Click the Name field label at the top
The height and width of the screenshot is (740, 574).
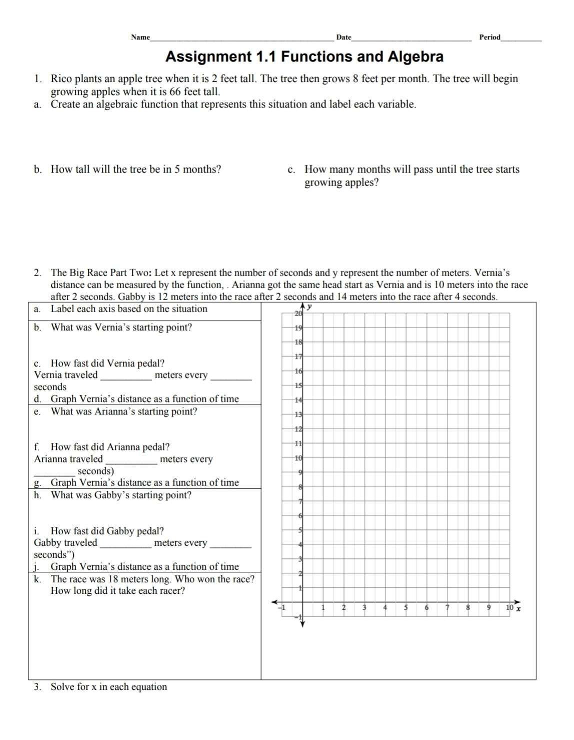click(x=140, y=37)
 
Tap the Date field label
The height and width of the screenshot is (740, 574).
click(x=343, y=37)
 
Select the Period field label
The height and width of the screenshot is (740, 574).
click(x=489, y=37)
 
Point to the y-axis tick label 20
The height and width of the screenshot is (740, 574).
click(x=298, y=314)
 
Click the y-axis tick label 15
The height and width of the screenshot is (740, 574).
click(x=298, y=386)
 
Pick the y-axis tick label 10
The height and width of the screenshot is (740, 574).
click(x=298, y=458)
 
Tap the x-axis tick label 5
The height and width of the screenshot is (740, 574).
click(x=406, y=608)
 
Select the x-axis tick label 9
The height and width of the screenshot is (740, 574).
click(x=489, y=608)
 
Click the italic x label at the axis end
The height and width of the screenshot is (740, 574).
click(x=518, y=609)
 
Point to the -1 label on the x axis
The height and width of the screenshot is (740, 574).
click(x=282, y=608)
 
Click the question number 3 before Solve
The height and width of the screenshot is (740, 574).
click(x=37, y=687)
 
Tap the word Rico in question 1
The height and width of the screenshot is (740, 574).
click(x=61, y=79)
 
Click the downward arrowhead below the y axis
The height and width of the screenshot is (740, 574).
click(x=302, y=624)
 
